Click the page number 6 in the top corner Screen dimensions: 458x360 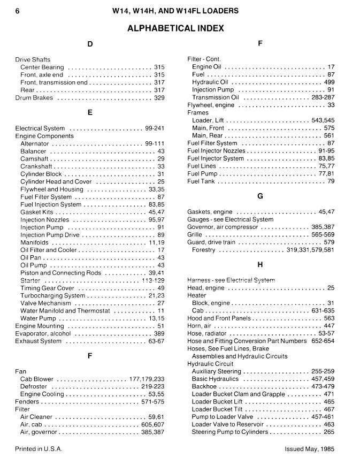pyautogui.click(x=18, y=11)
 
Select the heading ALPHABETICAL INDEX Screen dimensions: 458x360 pyautogui.click(x=175, y=28)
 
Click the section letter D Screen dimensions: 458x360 pyautogui.click(x=89, y=44)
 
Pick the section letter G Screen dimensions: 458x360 pyautogui.click(x=260, y=196)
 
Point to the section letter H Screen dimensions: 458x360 pyautogui.click(x=260, y=264)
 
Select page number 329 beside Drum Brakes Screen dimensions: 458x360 pyautogui.click(x=159, y=98)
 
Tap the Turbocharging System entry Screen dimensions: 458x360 pyautogui.click(x=52, y=295)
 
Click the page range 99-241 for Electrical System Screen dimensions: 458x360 pyautogui.click(x=154, y=128)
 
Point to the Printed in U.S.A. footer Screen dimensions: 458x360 pyautogui.click(x=39, y=449)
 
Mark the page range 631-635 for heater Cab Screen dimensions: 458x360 pyautogui.click(x=323, y=310)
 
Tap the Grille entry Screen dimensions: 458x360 pyautogui.click(x=195, y=234)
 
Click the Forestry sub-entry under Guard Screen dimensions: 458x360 pyautogui.click(x=203, y=250)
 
